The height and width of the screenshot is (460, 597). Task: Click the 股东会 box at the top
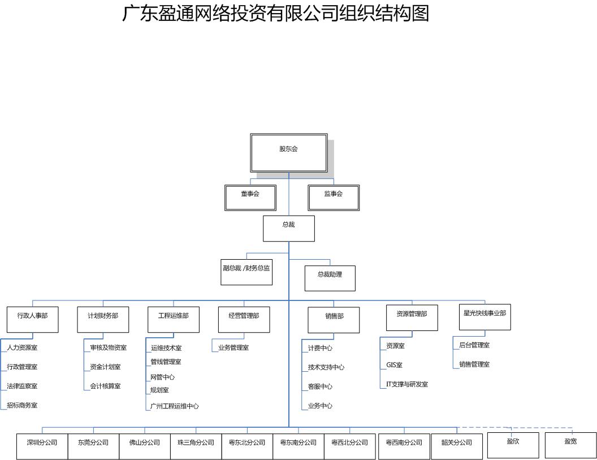click(288, 153)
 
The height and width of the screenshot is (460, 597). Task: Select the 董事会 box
click(250, 198)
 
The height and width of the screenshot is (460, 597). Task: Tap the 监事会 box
click(334, 198)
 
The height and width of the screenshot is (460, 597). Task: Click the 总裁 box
click(288, 228)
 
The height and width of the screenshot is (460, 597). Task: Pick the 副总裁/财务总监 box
click(246, 272)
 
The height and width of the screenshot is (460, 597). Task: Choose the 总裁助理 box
click(330, 278)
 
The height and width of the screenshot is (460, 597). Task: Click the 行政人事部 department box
click(32, 319)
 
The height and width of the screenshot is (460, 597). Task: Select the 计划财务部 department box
click(103, 319)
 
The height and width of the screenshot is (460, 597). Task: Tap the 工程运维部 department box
click(173, 319)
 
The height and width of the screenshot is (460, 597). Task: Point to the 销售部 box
click(334, 320)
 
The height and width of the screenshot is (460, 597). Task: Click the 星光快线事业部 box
click(484, 317)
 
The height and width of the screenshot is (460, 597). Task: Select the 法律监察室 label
click(22, 386)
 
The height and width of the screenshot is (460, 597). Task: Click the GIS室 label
click(394, 365)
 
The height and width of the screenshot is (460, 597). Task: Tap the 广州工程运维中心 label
click(174, 406)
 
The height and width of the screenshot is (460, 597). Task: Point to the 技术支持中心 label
click(326, 367)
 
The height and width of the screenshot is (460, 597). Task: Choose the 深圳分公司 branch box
click(42, 446)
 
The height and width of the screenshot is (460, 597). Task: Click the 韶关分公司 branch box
click(456, 446)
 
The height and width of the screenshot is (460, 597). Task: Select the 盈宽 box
click(570, 445)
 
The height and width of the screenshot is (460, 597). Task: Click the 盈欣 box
click(513, 445)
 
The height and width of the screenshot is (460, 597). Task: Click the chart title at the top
click(276, 13)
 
